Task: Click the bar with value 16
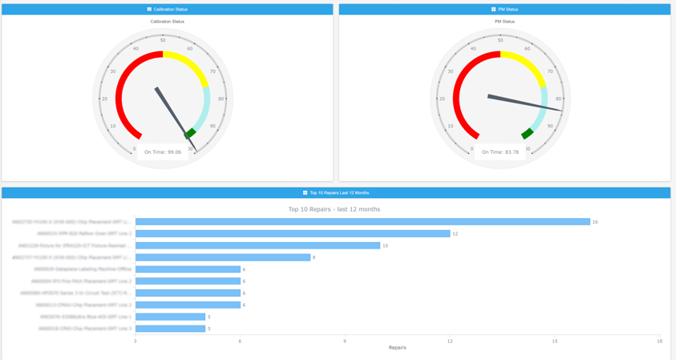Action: tap(362, 222)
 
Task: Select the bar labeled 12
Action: tap(293, 234)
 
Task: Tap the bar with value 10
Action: tap(257, 245)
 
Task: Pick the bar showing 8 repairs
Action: tap(223, 257)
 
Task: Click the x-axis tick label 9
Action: tap(345, 342)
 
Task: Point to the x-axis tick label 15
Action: tap(555, 342)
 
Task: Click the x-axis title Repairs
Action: tap(397, 348)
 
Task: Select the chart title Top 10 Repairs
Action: tap(334, 209)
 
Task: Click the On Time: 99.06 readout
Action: tap(163, 152)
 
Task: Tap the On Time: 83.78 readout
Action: tap(500, 152)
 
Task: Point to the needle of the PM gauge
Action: tap(525, 104)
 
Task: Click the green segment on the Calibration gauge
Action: tap(190, 133)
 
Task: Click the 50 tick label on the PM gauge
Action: tap(500, 40)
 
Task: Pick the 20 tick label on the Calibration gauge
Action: tap(104, 99)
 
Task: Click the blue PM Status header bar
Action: tap(504, 10)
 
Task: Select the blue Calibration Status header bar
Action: tap(167, 10)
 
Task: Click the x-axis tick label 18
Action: tap(659, 342)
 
